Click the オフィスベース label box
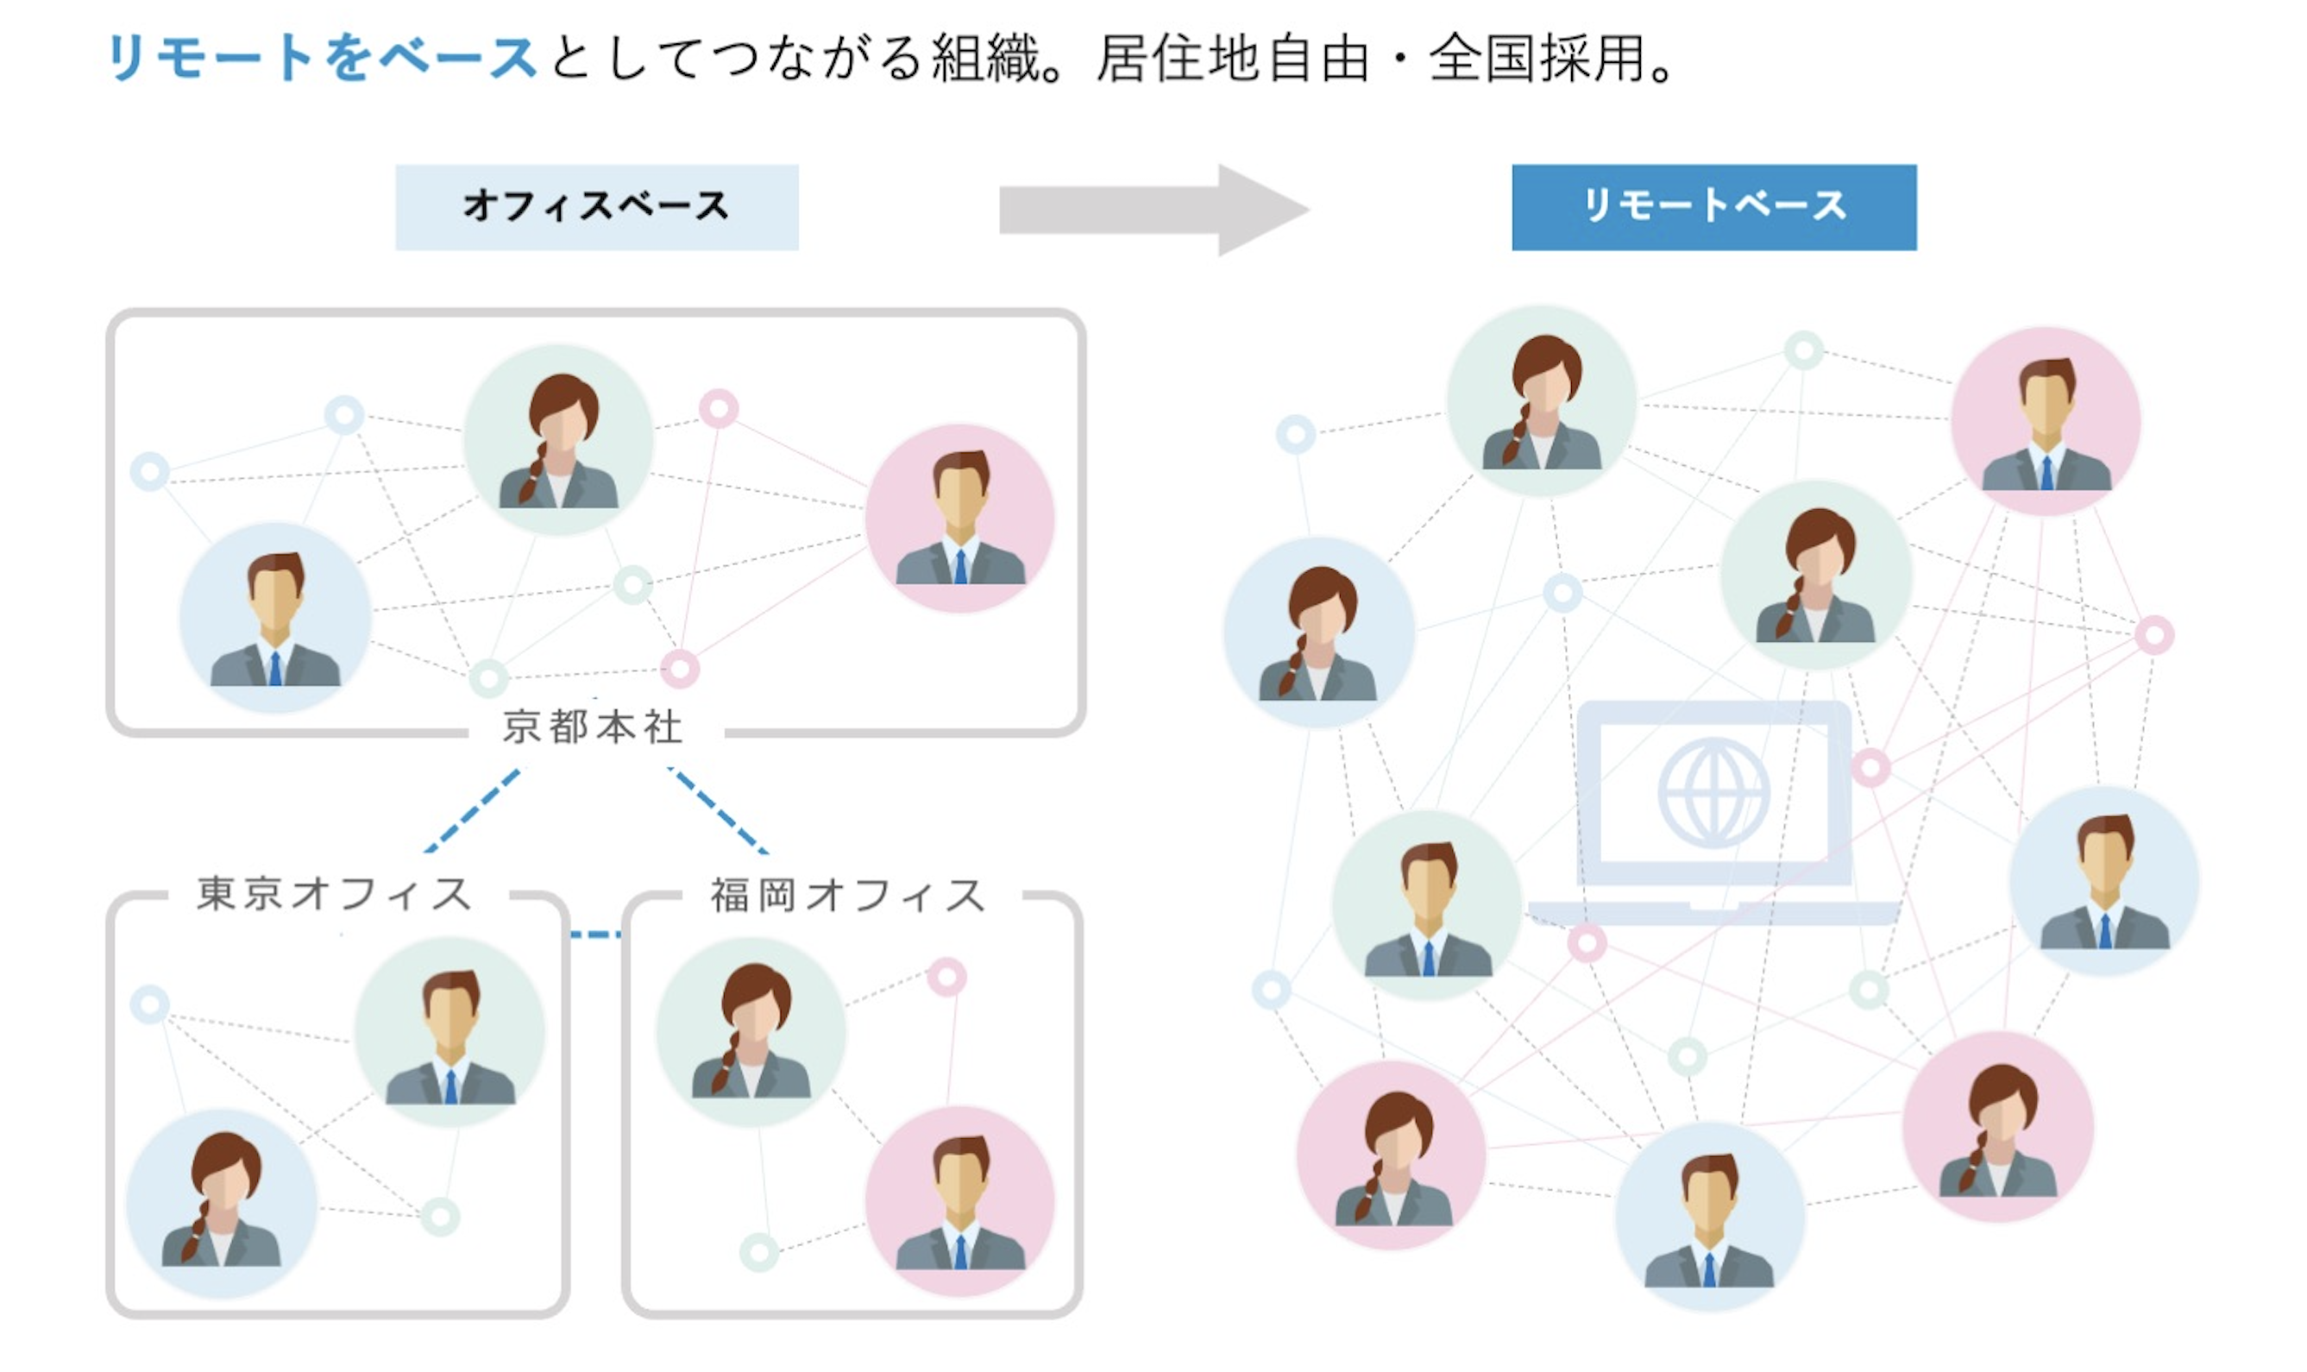click(x=596, y=207)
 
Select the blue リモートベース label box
click(x=1713, y=207)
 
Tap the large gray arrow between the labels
click(x=1153, y=210)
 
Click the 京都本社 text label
click(x=593, y=727)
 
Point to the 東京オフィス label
click(x=335, y=894)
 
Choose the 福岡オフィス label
click(x=847, y=895)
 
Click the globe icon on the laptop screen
click(x=1713, y=792)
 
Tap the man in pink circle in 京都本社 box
click(x=959, y=518)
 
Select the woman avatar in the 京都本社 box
click(x=558, y=440)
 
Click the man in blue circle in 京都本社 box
click(x=275, y=618)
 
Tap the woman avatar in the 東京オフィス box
click(x=222, y=1202)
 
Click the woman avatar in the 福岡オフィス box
click(x=751, y=1032)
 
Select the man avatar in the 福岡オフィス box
click(x=959, y=1200)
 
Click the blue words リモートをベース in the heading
click(x=322, y=57)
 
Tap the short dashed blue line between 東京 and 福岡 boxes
click(x=595, y=935)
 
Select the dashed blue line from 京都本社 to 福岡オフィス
click(x=718, y=810)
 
